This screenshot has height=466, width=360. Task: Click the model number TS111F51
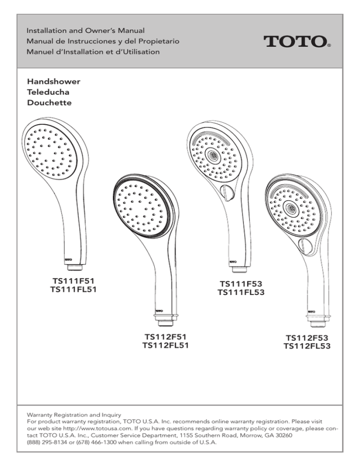coord(74,281)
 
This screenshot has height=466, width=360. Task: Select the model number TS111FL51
coord(74,289)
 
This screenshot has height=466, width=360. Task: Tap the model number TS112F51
coord(165,337)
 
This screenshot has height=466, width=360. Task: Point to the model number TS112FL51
coord(165,346)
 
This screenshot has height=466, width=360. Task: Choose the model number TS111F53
coord(241,284)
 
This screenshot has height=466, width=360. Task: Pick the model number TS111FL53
coord(241,292)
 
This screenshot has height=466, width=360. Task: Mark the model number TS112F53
coord(307,338)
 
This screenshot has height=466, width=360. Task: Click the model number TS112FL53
coord(307,346)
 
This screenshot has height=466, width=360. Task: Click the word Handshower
coord(54,82)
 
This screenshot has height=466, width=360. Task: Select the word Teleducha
coord(48,92)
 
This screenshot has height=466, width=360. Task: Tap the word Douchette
coord(49,103)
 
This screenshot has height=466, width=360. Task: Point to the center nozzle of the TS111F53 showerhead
coord(213,154)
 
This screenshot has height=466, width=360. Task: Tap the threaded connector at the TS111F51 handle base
coord(75,268)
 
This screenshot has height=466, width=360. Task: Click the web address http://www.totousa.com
coord(97,428)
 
